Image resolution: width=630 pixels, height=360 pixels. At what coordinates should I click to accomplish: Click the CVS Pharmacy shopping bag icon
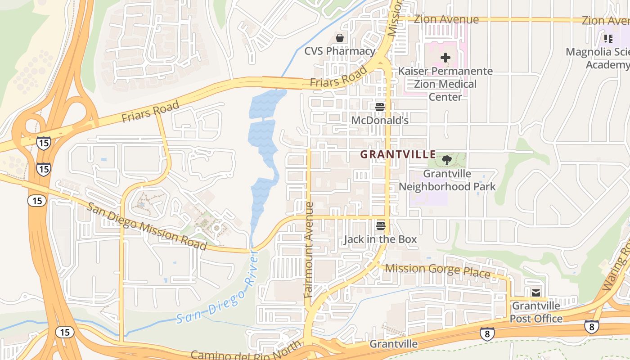[340, 38]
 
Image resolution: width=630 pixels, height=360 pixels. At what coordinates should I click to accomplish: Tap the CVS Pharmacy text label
[340, 51]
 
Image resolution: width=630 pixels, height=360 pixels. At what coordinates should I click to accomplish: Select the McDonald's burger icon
[380, 107]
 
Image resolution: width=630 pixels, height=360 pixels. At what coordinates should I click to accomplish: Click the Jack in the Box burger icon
[381, 226]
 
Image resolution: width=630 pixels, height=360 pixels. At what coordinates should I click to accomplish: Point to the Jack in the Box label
[381, 239]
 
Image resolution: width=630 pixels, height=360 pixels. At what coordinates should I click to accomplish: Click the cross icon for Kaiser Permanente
[445, 58]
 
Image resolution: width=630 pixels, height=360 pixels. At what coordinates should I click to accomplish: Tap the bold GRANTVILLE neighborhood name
[398, 155]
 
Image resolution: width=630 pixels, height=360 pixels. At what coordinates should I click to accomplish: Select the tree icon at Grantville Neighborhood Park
[446, 160]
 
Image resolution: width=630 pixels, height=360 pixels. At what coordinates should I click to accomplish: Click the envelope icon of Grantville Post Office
[536, 293]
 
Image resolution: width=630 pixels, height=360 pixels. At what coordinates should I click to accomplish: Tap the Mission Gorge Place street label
[437, 270]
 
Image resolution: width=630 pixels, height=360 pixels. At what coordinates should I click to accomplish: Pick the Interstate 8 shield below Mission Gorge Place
[487, 333]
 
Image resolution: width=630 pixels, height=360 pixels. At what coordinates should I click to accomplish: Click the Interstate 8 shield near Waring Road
[591, 327]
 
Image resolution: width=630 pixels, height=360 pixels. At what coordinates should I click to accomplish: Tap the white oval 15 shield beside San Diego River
[65, 332]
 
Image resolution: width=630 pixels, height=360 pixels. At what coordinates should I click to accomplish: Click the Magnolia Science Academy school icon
[608, 39]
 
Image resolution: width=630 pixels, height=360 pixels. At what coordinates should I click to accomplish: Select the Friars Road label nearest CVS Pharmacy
[338, 77]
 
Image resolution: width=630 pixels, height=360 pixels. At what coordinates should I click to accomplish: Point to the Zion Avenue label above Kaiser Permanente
[446, 20]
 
